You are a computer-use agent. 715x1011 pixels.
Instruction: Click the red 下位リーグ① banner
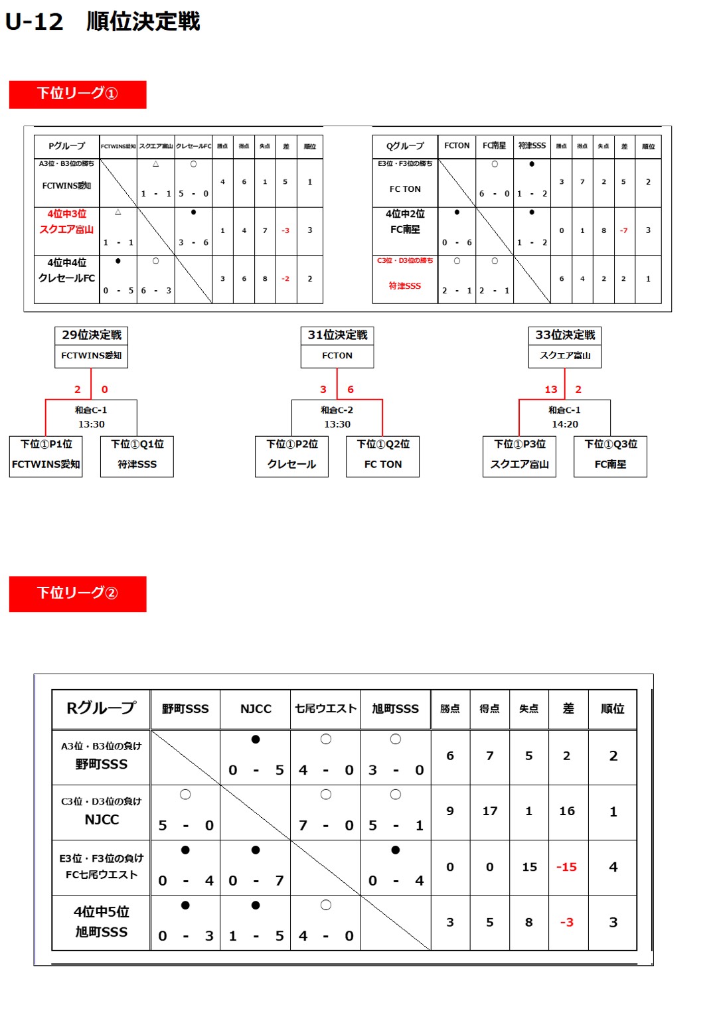tap(78, 94)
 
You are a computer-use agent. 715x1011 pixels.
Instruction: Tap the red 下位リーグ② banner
tap(78, 593)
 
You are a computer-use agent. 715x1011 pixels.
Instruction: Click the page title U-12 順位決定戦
tap(103, 22)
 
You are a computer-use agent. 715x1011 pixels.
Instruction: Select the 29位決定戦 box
tap(92, 335)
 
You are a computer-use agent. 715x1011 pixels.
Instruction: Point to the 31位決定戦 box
tap(337, 335)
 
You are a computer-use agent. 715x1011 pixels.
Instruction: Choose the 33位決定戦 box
tap(565, 335)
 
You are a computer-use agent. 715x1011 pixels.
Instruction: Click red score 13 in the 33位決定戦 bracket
tap(551, 390)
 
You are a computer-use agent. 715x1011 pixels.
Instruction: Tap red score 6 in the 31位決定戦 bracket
tap(351, 390)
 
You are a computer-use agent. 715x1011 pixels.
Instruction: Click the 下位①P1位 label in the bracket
tap(46, 444)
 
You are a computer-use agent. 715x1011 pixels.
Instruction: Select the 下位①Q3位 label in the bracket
tap(611, 444)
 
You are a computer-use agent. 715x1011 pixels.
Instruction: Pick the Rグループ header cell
tap(101, 708)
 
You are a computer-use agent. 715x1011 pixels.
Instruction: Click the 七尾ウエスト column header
tap(325, 709)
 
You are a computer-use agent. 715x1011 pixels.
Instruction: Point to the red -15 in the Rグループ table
tap(566, 867)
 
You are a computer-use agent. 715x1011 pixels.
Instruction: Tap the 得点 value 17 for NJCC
tap(490, 811)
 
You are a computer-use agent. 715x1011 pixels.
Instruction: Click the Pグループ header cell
tap(66, 146)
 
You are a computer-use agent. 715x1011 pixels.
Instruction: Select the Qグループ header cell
tap(405, 146)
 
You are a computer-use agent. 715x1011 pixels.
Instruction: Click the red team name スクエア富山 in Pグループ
tap(66, 230)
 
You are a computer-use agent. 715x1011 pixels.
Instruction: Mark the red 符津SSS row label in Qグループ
tap(405, 286)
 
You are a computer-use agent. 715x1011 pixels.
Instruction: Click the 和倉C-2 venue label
tap(337, 410)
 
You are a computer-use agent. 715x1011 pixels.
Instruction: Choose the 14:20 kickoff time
tap(565, 424)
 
